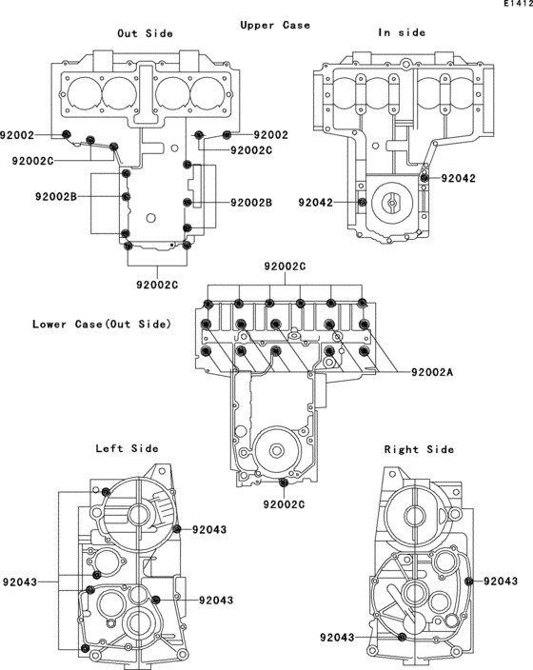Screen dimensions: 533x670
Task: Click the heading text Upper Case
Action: pyautogui.click(x=275, y=25)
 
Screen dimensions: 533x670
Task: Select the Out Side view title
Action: pyautogui.click(x=145, y=33)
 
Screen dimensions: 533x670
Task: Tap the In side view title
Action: pyautogui.click(x=402, y=32)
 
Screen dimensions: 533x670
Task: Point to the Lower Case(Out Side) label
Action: pyautogui.click(x=102, y=324)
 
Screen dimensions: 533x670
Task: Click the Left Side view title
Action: pyautogui.click(x=127, y=448)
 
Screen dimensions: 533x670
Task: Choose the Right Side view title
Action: pyautogui.click(x=419, y=449)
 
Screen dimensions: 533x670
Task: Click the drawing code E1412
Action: pyautogui.click(x=518, y=4)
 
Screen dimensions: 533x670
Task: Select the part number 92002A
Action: pyautogui.click(x=432, y=372)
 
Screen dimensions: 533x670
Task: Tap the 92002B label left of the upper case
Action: pyautogui.click(x=56, y=197)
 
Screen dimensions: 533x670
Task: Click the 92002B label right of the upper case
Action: pyautogui.click(x=251, y=203)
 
